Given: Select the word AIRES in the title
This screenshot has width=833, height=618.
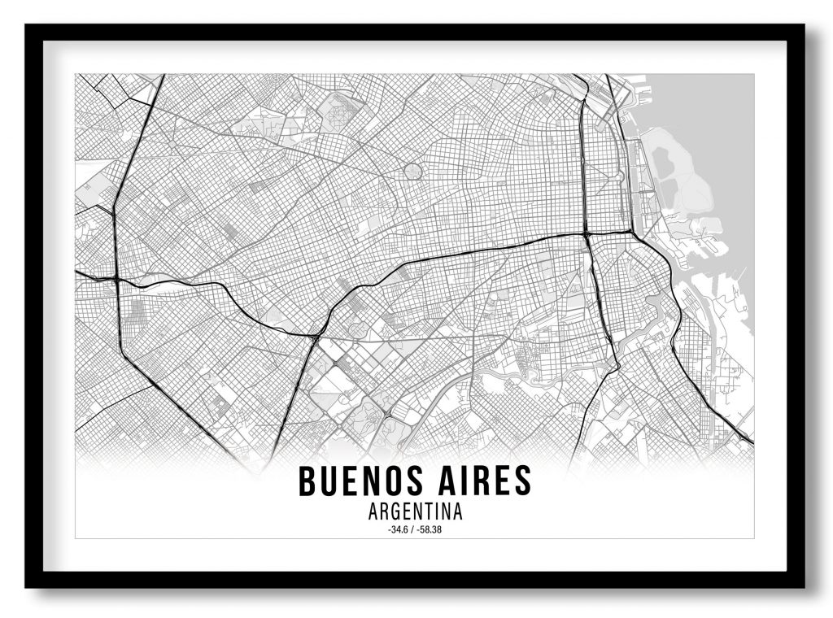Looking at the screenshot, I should click(482, 481).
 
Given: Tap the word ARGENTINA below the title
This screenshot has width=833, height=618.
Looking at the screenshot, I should click(415, 513).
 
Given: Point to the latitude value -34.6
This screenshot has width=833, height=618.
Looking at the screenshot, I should click(400, 530).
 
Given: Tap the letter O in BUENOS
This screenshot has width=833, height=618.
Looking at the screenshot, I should click(389, 481).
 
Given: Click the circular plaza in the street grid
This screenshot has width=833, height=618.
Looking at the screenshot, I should click(413, 172).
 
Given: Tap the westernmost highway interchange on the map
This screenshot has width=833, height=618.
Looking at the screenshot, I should click(118, 280).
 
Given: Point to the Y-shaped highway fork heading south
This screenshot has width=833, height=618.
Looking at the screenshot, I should click(315, 333).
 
